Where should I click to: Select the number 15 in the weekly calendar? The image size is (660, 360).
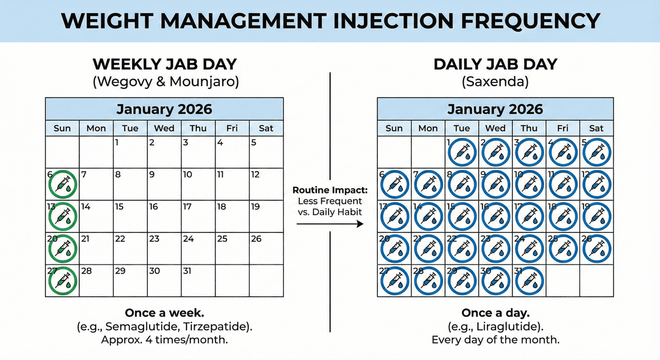tap(119, 207)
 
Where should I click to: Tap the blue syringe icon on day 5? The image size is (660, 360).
tap(596, 153)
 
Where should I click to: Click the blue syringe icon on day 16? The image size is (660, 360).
tap(495, 216)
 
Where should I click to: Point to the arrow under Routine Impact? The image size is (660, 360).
tap(329, 224)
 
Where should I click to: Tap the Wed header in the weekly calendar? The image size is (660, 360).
tap(164, 129)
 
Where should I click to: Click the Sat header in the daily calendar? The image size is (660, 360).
tap(596, 129)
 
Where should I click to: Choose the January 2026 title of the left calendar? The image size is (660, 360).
tap(164, 109)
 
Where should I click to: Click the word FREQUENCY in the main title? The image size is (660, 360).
tap(527, 21)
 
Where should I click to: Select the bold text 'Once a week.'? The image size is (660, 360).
tap(164, 313)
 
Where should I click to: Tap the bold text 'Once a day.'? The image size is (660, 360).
tap(495, 313)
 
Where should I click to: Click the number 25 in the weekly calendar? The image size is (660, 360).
tap(222, 239)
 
